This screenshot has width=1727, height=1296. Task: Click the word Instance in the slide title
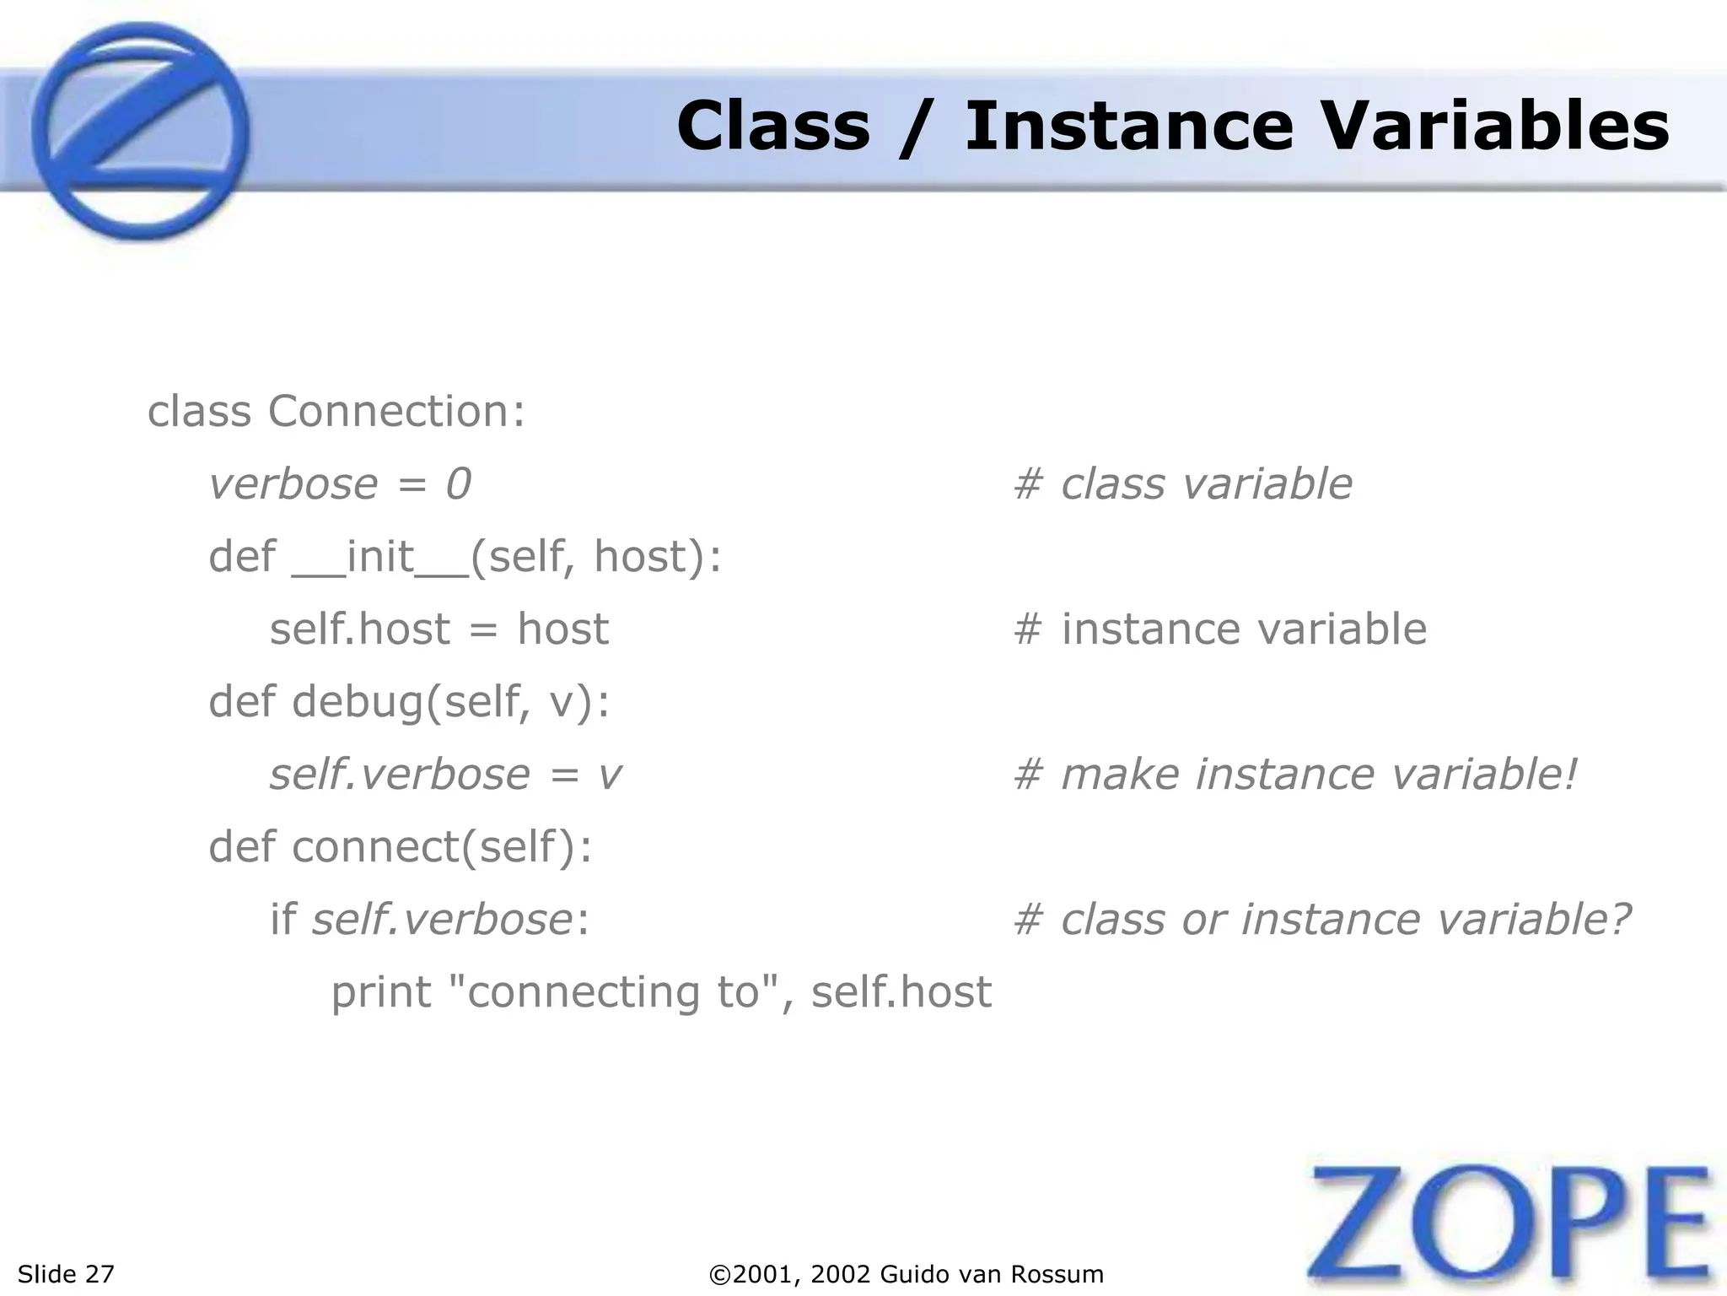click(x=1127, y=127)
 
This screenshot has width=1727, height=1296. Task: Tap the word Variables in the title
click(x=1494, y=127)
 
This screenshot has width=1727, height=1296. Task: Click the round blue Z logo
click(x=140, y=132)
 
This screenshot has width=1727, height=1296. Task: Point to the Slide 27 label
click(x=66, y=1274)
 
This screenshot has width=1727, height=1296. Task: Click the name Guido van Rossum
click(x=992, y=1274)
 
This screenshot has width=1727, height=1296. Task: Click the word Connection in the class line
click(x=389, y=412)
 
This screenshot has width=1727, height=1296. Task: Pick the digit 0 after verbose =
click(x=458, y=484)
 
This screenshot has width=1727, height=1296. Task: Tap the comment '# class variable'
click(x=1182, y=484)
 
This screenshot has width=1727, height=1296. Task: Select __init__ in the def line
click(x=380, y=557)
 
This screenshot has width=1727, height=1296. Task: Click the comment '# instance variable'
click(x=1219, y=629)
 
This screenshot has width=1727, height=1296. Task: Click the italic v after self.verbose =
click(x=610, y=775)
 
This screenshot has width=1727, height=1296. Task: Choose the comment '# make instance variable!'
click(x=1294, y=775)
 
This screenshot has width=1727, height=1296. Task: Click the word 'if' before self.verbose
click(x=282, y=920)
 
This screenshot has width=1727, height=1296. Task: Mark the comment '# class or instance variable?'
click(x=1321, y=920)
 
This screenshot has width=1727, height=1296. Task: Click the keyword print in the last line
click(x=380, y=992)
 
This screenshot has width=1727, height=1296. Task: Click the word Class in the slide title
click(x=772, y=127)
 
